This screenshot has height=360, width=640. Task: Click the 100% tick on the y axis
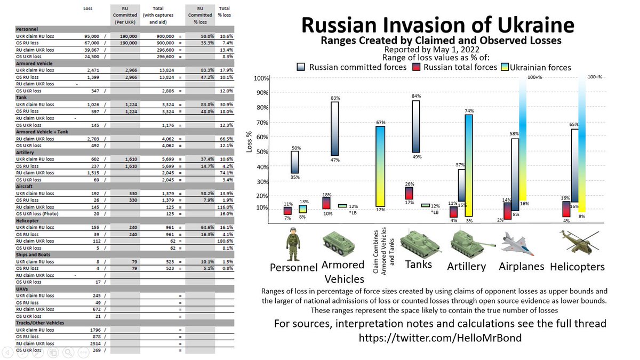click(x=261, y=79)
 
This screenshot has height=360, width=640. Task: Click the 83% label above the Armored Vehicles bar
click(x=334, y=98)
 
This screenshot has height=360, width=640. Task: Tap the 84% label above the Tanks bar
click(x=416, y=96)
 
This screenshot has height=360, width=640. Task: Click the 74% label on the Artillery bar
click(x=469, y=111)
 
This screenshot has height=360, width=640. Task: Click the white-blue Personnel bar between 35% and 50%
click(x=294, y=162)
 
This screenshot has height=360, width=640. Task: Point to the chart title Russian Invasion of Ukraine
click(x=437, y=25)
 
